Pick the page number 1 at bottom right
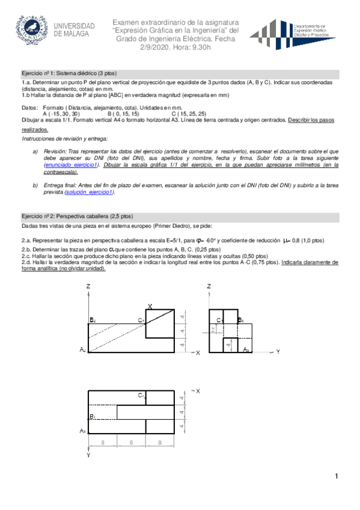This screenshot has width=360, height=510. (338, 477)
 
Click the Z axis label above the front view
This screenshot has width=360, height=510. (88, 286)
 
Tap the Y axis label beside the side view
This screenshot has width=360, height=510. (278, 351)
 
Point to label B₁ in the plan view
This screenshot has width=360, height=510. (92, 417)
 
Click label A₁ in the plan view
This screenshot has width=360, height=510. (83, 431)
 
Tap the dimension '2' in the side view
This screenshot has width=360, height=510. (212, 330)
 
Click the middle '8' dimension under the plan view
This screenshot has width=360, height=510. (131, 442)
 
